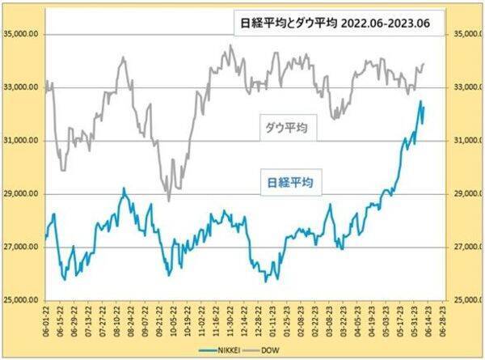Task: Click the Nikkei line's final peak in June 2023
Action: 421,101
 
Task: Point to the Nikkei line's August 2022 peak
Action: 124,188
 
